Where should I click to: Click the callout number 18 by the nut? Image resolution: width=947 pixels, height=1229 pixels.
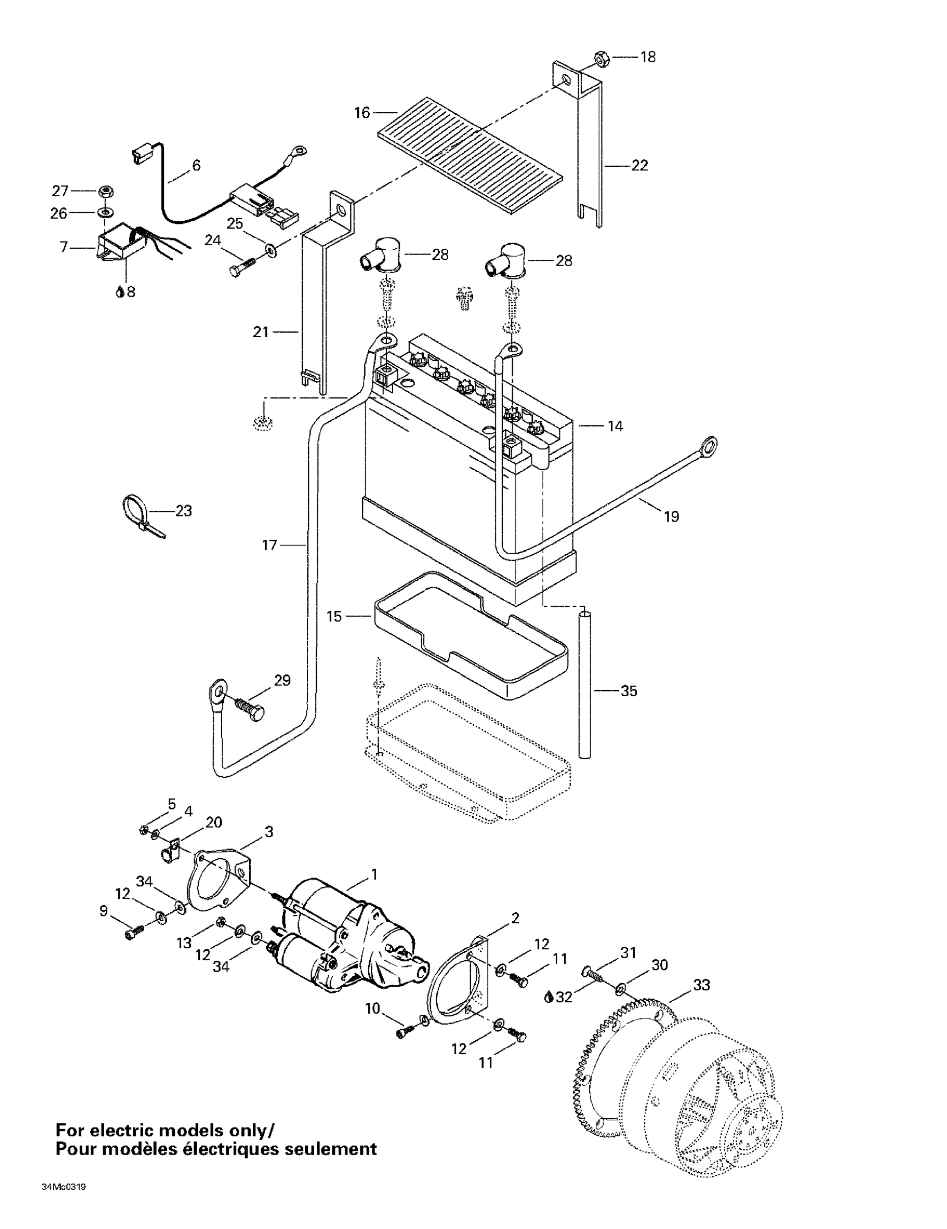(x=648, y=57)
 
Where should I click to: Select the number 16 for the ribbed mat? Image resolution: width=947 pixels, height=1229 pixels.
(x=362, y=113)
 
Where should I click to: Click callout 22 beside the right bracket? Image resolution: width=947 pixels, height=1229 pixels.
(x=640, y=166)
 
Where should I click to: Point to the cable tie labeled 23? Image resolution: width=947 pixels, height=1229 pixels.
(x=138, y=513)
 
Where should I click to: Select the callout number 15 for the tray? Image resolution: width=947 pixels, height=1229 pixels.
(x=334, y=617)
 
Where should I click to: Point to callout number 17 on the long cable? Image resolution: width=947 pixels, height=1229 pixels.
(x=270, y=545)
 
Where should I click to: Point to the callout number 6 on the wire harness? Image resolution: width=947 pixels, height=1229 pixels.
(x=196, y=166)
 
